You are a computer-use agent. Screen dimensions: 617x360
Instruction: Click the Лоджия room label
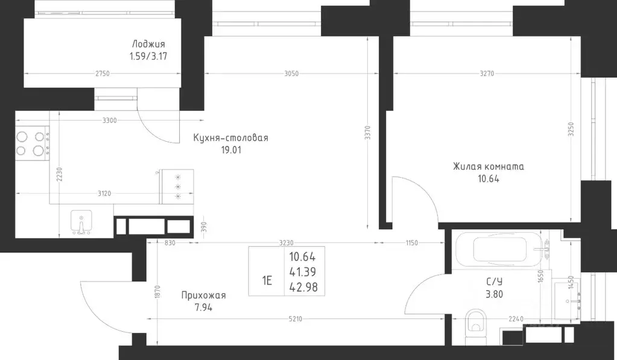(x=148, y=44)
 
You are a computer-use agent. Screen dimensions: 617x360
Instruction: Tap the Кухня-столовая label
(x=230, y=137)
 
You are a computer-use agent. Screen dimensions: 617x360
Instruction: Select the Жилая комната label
(x=489, y=166)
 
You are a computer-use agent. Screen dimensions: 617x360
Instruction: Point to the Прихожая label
(x=203, y=295)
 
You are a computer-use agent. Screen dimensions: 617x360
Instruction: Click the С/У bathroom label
(x=494, y=282)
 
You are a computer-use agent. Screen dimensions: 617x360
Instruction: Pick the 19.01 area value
(x=231, y=150)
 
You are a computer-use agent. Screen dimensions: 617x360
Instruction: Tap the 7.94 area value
(x=203, y=308)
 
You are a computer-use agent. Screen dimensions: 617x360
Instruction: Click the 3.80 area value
(x=494, y=294)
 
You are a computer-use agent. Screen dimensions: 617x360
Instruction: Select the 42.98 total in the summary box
(x=303, y=287)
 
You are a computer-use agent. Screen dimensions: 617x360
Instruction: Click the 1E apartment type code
(x=267, y=280)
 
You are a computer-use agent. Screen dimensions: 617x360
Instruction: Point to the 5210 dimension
(x=295, y=319)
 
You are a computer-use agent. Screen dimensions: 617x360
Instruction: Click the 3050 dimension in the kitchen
(x=291, y=74)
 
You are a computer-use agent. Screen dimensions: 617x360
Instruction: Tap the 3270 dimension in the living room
(x=487, y=74)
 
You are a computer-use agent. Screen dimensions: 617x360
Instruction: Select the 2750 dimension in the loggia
(x=103, y=74)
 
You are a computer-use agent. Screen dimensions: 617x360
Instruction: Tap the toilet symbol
(x=476, y=326)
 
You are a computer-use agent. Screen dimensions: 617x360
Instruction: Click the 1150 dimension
(x=411, y=243)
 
